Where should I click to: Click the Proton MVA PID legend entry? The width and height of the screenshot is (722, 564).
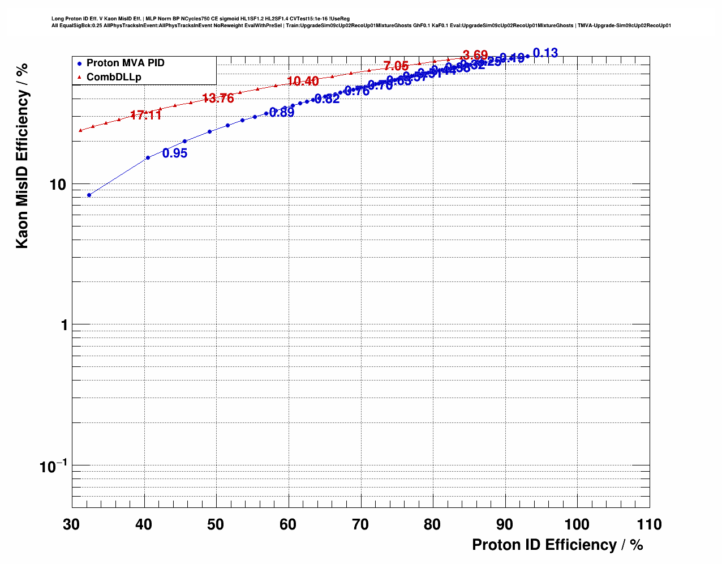[125, 63]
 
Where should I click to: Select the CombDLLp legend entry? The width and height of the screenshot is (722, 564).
[114, 77]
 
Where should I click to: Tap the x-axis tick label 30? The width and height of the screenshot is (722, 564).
[72, 524]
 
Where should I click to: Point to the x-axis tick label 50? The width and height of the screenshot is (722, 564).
[216, 524]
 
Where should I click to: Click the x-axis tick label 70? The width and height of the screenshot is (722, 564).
[360, 524]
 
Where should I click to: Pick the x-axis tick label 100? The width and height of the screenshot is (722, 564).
[577, 524]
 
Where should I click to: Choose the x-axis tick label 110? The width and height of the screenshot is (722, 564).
[649, 524]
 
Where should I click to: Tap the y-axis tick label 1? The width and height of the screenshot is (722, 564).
[63, 325]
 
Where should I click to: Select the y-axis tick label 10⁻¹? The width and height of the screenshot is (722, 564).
[54, 467]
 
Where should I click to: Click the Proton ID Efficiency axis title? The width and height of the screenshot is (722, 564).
[557, 545]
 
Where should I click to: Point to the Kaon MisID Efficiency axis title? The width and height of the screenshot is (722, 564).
[22, 156]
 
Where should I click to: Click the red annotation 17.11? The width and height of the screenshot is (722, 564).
[146, 115]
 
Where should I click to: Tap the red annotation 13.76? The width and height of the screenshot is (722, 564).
[218, 99]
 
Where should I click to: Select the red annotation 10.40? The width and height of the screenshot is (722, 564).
[303, 82]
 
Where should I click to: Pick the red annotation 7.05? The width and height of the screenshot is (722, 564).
[396, 66]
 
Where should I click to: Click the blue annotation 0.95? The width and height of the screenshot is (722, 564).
[175, 153]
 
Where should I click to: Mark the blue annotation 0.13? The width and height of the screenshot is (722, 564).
[545, 53]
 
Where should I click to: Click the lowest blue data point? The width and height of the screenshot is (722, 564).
[89, 195]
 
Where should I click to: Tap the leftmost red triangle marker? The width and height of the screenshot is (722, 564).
[80, 130]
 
